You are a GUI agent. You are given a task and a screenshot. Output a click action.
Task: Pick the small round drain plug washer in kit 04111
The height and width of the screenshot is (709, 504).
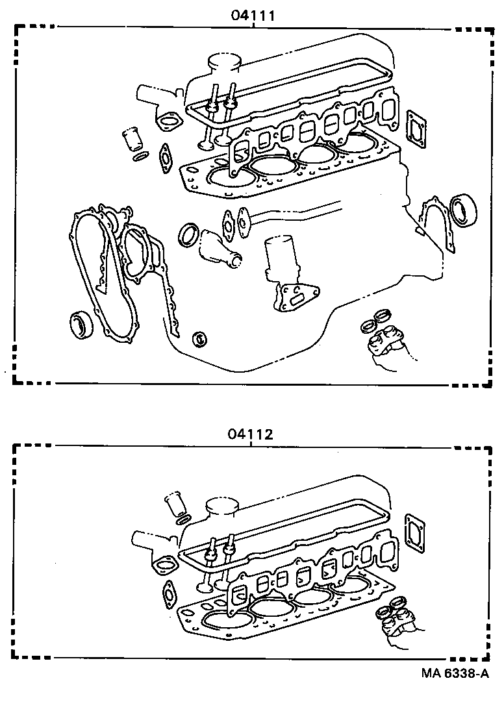click(x=200, y=338)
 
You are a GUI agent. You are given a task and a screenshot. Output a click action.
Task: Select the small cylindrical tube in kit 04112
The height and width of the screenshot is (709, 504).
click(x=175, y=503)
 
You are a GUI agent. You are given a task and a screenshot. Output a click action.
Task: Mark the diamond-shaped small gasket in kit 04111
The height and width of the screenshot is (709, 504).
click(x=165, y=156)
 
